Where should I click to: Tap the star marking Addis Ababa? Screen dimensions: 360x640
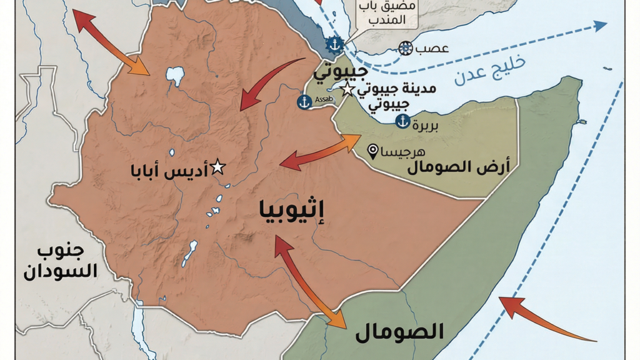coord(217,167)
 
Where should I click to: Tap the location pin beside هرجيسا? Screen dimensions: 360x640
coord(374,151)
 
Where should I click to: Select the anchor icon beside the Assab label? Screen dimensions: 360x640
coord(304,102)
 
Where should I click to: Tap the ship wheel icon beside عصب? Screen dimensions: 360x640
coord(406,48)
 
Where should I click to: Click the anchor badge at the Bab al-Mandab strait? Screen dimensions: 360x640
coord(334,44)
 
